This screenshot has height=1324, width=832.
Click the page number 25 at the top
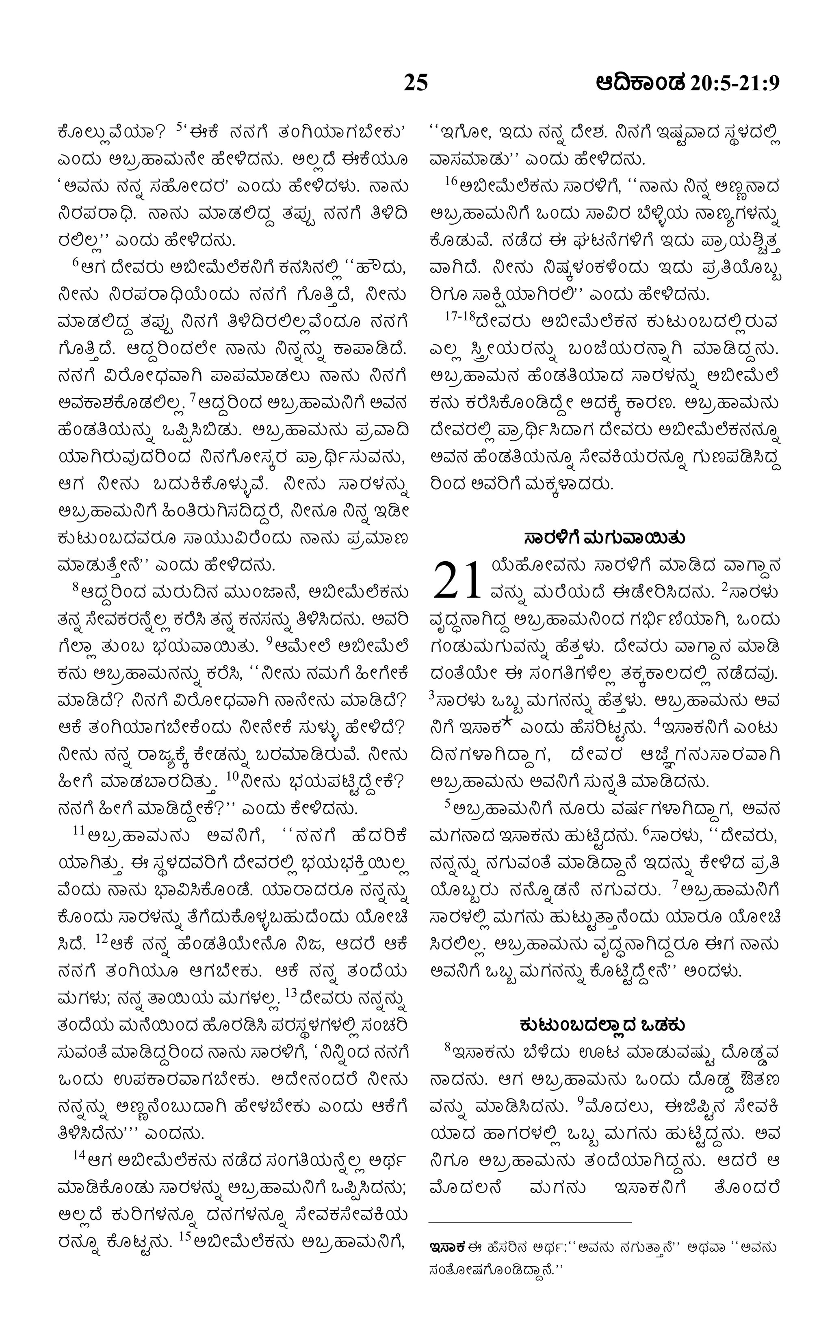pos(416,82)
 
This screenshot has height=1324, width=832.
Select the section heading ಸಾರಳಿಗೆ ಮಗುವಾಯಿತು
pos(604,537)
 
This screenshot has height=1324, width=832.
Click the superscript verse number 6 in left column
pos(76,263)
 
